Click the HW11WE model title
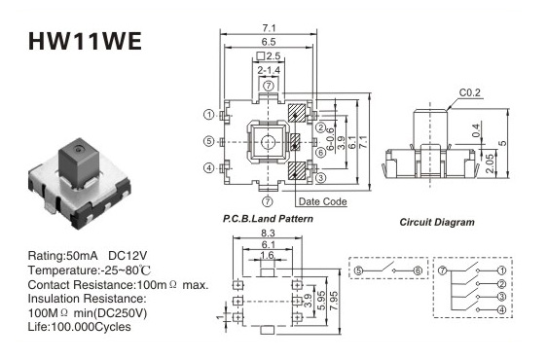85,41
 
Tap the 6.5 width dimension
269,42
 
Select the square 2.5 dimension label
268,55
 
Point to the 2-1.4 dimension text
269,70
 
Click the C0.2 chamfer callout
469,92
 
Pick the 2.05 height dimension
490,163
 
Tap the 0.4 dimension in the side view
476,130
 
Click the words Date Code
323,201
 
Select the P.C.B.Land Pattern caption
268,219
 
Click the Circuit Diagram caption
437,222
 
